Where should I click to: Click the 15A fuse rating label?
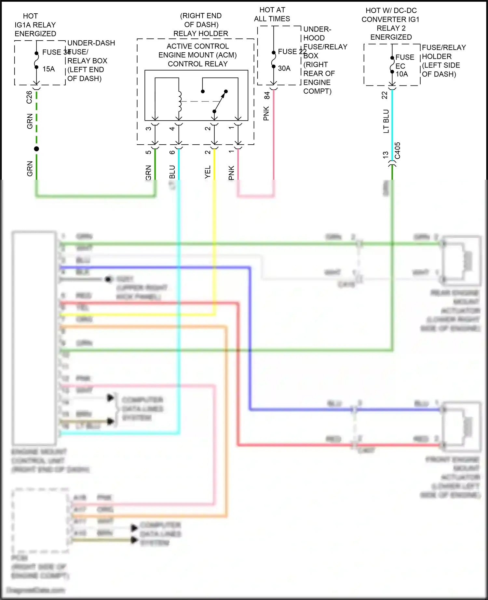(48, 69)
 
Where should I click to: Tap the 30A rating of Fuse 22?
(284, 68)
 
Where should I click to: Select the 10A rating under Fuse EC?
(402, 74)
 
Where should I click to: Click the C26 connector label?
(29, 97)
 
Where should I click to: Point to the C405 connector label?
(398, 150)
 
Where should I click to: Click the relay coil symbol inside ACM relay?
(179, 101)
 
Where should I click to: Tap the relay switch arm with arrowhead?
(220, 101)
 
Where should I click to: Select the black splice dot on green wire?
(36, 149)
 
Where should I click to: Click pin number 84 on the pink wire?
(267, 95)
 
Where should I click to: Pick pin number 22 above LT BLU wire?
(385, 95)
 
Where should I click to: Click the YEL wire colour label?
(208, 172)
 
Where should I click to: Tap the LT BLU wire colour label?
(386, 121)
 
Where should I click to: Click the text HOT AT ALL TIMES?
(272, 14)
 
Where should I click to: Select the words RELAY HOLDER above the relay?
(200, 33)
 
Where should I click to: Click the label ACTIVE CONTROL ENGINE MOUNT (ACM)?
(197, 51)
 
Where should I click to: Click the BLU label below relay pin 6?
(172, 172)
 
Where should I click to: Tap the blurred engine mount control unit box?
(34, 338)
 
